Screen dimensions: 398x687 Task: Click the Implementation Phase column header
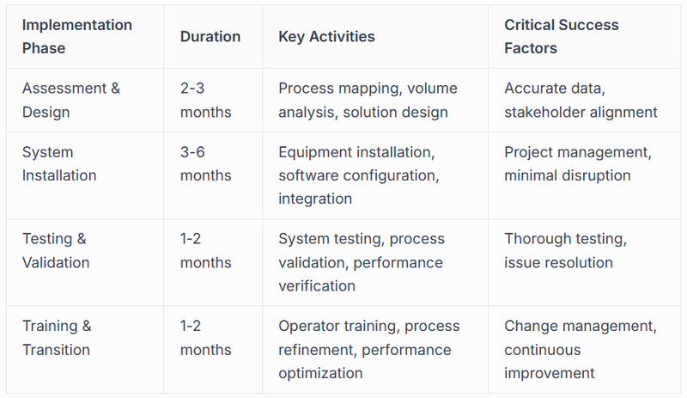[77, 36]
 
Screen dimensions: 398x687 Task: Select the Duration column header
[210, 37]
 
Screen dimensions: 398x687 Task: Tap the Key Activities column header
[326, 37]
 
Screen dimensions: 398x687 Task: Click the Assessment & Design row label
[71, 100]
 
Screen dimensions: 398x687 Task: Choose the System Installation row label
[59, 163]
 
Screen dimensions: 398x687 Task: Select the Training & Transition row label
[57, 337]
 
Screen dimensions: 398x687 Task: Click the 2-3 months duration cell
[206, 100]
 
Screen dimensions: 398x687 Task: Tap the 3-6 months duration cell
[206, 163]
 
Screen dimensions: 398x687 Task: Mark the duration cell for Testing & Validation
[206, 250]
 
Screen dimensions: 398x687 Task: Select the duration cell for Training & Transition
[206, 337]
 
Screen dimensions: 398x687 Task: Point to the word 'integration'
[315, 199]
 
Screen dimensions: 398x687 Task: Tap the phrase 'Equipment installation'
[356, 152]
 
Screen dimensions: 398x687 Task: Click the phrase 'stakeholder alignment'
[581, 112]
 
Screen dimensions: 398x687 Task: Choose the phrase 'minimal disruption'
[568, 175]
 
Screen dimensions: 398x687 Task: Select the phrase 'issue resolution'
[558, 262]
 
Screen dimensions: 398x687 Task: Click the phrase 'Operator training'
[338, 326]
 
